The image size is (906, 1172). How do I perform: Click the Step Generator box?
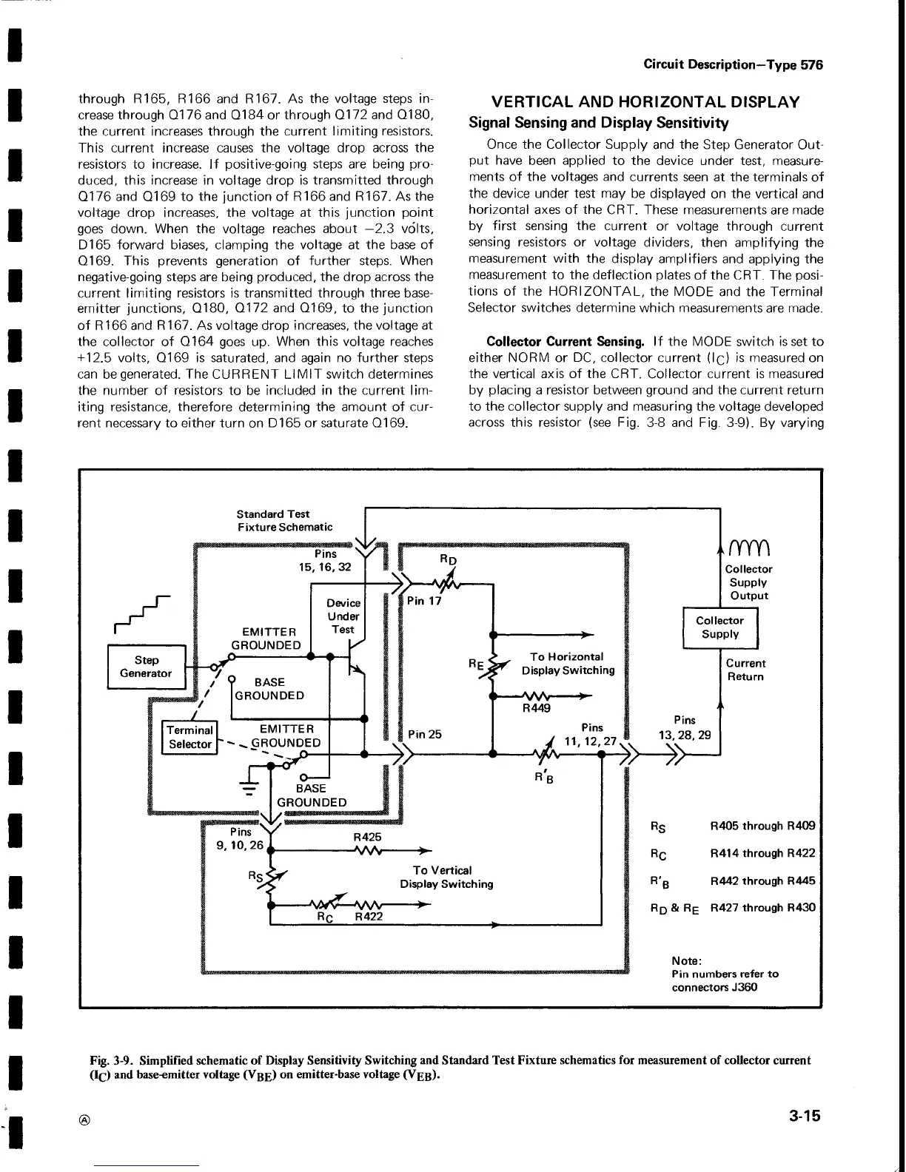pyautogui.click(x=146, y=667)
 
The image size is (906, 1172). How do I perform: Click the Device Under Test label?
pyautogui.click(x=343, y=616)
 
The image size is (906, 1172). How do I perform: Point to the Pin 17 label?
pyautogui.click(x=424, y=601)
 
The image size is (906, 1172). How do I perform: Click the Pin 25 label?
pyautogui.click(x=425, y=734)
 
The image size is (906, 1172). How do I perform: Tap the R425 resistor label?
pyautogui.click(x=367, y=836)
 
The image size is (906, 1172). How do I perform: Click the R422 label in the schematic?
pyautogui.click(x=369, y=917)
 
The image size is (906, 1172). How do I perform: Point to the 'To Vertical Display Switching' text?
pyautogui.click(x=446, y=877)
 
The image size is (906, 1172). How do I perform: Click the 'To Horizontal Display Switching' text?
pyautogui.click(x=568, y=664)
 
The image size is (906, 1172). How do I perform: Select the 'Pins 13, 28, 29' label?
pyautogui.click(x=684, y=727)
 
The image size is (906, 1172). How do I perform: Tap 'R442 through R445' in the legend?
pyautogui.click(x=762, y=881)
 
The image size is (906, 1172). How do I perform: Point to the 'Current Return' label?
pyautogui.click(x=745, y=670)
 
